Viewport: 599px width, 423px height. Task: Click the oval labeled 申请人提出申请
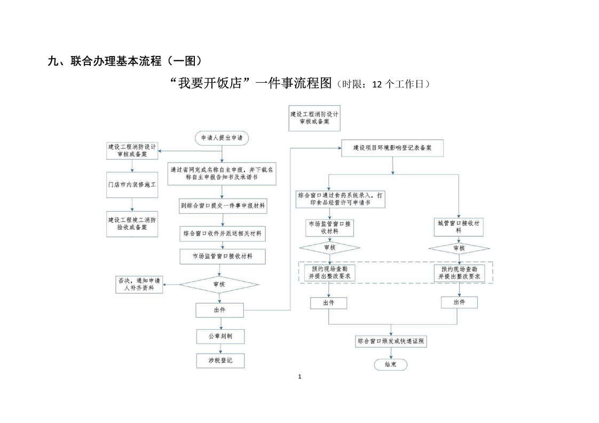[222, 138]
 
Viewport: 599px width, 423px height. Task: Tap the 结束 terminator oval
[390, 364]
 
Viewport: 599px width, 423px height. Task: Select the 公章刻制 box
[222, 336]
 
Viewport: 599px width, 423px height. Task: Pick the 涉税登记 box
[222, 361]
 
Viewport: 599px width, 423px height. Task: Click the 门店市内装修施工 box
[132, 185]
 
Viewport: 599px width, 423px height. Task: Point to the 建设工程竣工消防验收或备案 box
[132, 224]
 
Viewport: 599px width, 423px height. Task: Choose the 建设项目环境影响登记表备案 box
[392, 148]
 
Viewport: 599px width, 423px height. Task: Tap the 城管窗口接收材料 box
[459, 227]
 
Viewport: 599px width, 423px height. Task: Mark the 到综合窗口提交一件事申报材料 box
[222, 206]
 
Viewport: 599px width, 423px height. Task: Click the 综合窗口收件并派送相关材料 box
[222, 234]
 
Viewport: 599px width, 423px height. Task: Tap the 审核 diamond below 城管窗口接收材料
[459, 249]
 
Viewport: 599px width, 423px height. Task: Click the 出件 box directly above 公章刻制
[219, 309]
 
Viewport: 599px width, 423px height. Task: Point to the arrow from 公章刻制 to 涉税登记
[222, 348]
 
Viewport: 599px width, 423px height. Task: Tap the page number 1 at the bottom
[299, 377]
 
